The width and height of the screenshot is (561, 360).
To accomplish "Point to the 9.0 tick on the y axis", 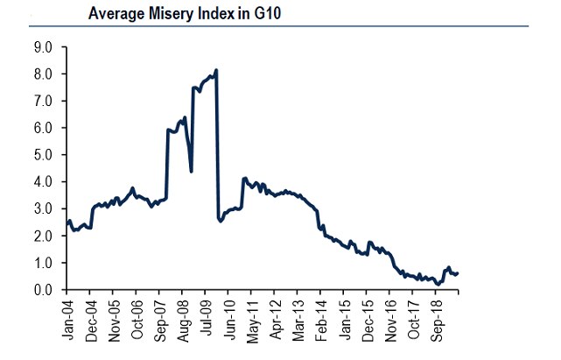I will tap(43, 46).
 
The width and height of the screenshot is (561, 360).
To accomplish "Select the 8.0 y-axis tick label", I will tap(43, 74).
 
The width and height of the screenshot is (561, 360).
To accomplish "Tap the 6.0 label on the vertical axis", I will tap(43, 128).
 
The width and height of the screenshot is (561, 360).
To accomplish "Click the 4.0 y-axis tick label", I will tap(43, 182).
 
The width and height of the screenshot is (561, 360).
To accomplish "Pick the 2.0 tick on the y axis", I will tap(43, 236).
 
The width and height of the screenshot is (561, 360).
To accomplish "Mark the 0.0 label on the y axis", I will tap(43, 290).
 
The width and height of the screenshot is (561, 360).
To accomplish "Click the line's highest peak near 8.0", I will tap(216, 70).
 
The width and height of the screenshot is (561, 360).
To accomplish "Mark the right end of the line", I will tap(458, 273).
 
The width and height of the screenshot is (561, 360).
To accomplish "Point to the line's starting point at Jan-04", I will tap(67, 223).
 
